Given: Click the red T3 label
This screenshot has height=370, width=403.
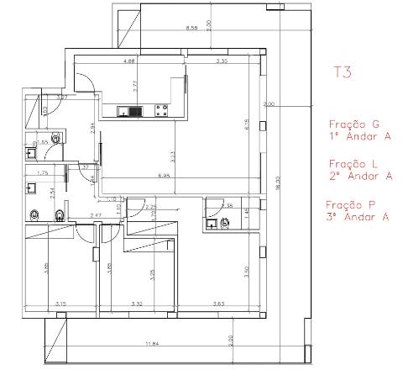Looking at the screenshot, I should (x=342, y=72).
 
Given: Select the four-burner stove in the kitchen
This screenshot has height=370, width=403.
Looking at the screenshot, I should (x=160, y=109).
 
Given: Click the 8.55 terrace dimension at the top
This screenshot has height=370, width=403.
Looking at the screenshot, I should (x=191, y=29).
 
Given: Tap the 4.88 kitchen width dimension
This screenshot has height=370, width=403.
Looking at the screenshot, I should (x=129, y=62).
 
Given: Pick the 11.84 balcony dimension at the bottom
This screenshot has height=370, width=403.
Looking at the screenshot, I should (x=152, y=344).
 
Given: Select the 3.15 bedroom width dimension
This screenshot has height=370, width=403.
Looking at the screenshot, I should (x=60, y=304).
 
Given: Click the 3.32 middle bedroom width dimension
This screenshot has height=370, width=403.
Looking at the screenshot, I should (x=139, y=304).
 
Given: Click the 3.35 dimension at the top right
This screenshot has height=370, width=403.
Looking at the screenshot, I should (x=222, y=62).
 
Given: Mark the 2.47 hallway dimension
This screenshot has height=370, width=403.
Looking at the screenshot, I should (x=96, y=217).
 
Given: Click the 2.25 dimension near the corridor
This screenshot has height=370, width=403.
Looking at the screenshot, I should (x=151, y=207).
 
